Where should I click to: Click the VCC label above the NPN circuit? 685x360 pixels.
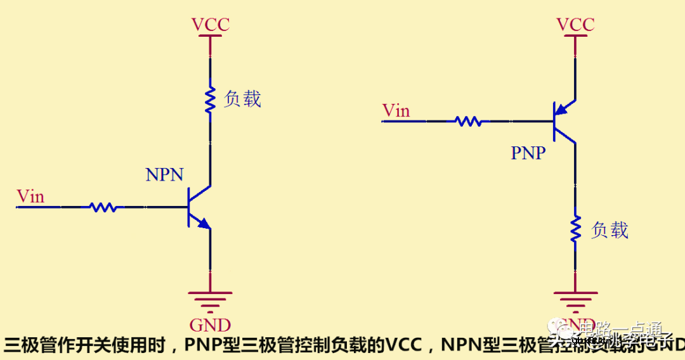click(210, 25)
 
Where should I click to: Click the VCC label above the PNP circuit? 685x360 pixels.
click(575, 25)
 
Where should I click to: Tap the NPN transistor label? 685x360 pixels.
click(164, 175)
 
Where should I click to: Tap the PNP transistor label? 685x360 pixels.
click(528, 153)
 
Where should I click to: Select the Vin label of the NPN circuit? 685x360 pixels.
click(30, 196)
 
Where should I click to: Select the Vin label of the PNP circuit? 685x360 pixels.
click(396, 111)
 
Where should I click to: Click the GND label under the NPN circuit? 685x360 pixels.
click(210, 325)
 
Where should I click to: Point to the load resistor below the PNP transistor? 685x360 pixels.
click(575, 229)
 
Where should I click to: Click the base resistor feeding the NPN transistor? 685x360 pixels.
click(103, 207)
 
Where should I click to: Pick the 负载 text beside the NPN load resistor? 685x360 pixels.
click(242, 99)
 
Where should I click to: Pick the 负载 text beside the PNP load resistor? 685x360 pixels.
click(610, 229)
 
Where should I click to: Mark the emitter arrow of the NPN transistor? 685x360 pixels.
click(203, 222)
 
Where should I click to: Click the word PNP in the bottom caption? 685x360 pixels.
click(204, 345)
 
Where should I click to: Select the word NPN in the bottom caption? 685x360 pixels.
click(462, 345)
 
